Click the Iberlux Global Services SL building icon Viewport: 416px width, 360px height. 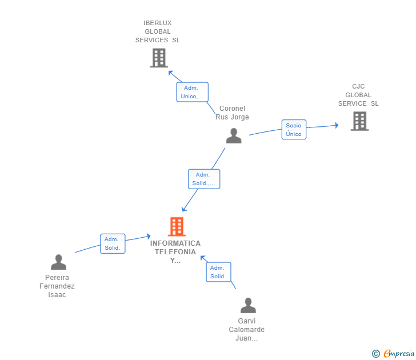click(x=158, y=58)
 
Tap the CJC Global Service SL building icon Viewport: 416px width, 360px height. click(x=359, y=121)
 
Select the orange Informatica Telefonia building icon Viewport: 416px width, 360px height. click(x=177, y=227)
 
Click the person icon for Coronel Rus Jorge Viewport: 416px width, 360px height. click(x=234, y=135)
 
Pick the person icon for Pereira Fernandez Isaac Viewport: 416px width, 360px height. click(x=58, y=262)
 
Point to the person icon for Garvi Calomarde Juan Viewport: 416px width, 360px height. click(x=248, y=306)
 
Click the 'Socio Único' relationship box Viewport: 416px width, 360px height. click(x=294, y=130)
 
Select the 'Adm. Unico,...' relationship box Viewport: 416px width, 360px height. click(x=192, y=92)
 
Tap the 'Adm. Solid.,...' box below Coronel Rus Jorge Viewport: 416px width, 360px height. click(x=204, y=179)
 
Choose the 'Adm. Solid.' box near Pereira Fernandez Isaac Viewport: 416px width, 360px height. click(x=113, y=243)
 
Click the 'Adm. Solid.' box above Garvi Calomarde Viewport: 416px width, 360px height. click(x=218, y=272)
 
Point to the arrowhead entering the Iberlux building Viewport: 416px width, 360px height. click(x=170, y=72)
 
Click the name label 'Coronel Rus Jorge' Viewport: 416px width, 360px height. click(x=232, y=113)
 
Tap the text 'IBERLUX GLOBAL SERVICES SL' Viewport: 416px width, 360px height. click(x=158, y=31)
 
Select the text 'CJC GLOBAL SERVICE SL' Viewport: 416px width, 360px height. click(x=358, y=95)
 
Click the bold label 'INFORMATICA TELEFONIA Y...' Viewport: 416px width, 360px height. click(x=175, y=251)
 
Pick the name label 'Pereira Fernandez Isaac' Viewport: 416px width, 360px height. click(x=57, y=286)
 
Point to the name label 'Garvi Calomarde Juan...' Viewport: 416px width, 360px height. click(x=247, y=330)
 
